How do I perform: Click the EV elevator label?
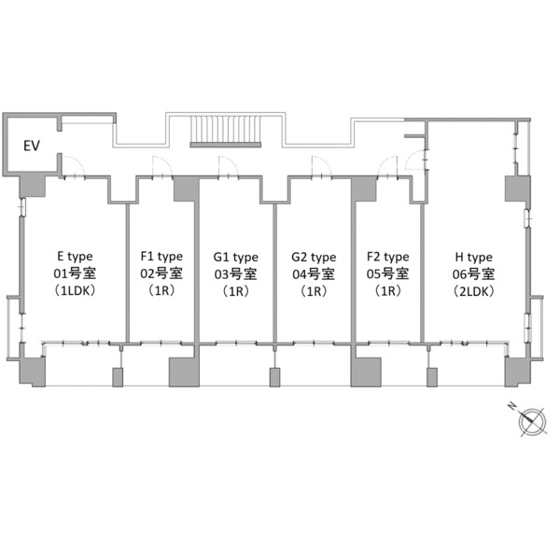point(32,146)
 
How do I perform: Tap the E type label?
point(75,257)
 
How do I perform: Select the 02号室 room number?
point(161,273)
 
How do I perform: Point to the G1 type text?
point(236,258)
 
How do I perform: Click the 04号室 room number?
point(314,273)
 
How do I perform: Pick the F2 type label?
point(388,257)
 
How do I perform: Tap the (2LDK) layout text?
point(473,291)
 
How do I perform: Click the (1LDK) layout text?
point(75,291)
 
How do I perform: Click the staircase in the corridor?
point(225,131)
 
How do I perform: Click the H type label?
point(473,258)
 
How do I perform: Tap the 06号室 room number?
point(473,274)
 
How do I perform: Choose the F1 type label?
point(161,257)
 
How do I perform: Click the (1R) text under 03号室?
point(236,292)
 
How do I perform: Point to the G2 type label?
point(314,258)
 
